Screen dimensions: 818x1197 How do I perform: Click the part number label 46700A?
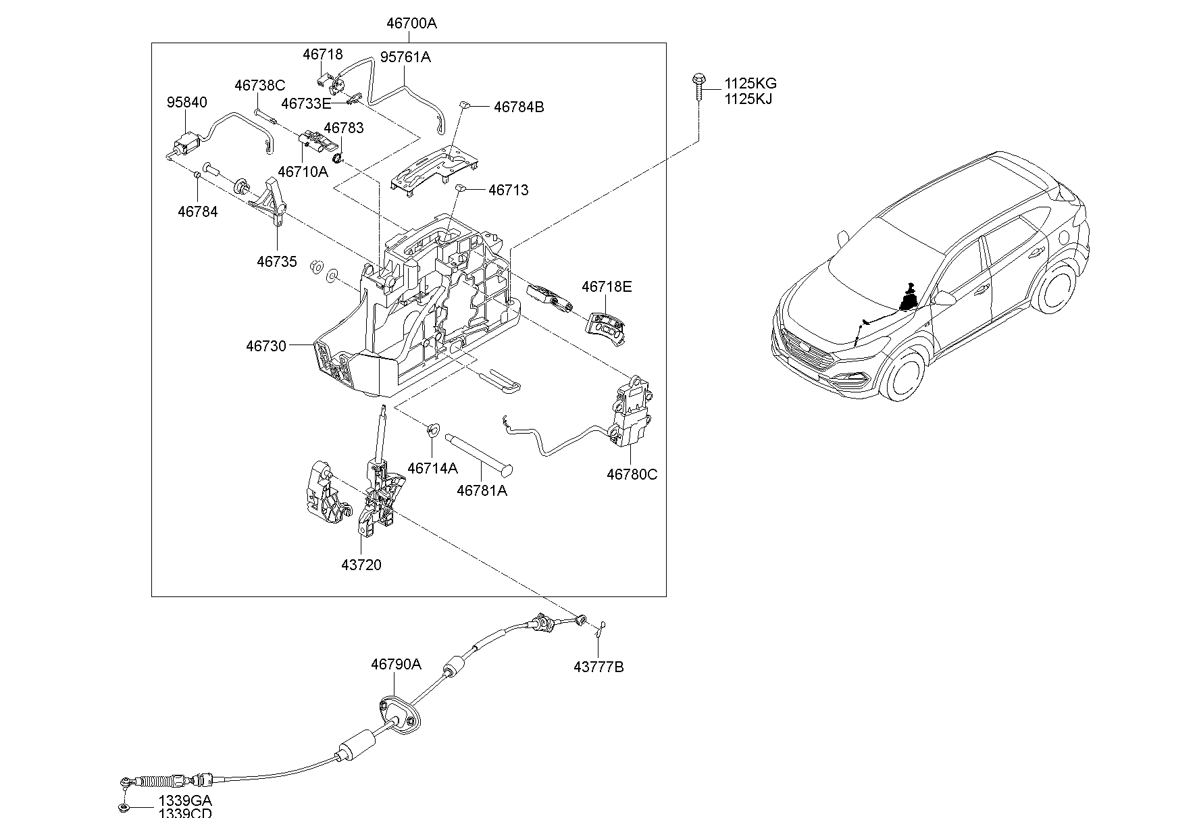(x=411, y=24)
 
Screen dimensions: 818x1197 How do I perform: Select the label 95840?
(x=187, y=103)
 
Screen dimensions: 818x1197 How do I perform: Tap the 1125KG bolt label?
(x=750, y=84)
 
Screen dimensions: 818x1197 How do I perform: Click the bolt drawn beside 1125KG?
(x=698, y=87)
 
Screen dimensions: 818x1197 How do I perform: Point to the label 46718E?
(x=607, y=287)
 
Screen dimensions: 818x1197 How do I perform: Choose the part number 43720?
(x=361, y=565)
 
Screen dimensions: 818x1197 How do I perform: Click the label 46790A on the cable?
(x=396, y=665)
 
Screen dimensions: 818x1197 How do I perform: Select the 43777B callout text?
(x=598, y=667)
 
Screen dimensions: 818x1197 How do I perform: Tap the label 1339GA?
(x=184, y=800)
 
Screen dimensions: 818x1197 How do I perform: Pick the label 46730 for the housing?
(x=266, y=346)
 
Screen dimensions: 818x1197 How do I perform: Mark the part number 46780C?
(x=632, y=474)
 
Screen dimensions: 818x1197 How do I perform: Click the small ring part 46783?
(x=340, y=158)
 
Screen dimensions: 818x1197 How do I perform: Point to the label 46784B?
(x=519, y=107)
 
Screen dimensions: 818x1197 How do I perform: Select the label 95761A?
(x=405, y=57)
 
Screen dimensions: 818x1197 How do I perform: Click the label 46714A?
(x=432, y=468)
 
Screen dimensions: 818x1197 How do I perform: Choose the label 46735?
(x=276, y=261)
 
